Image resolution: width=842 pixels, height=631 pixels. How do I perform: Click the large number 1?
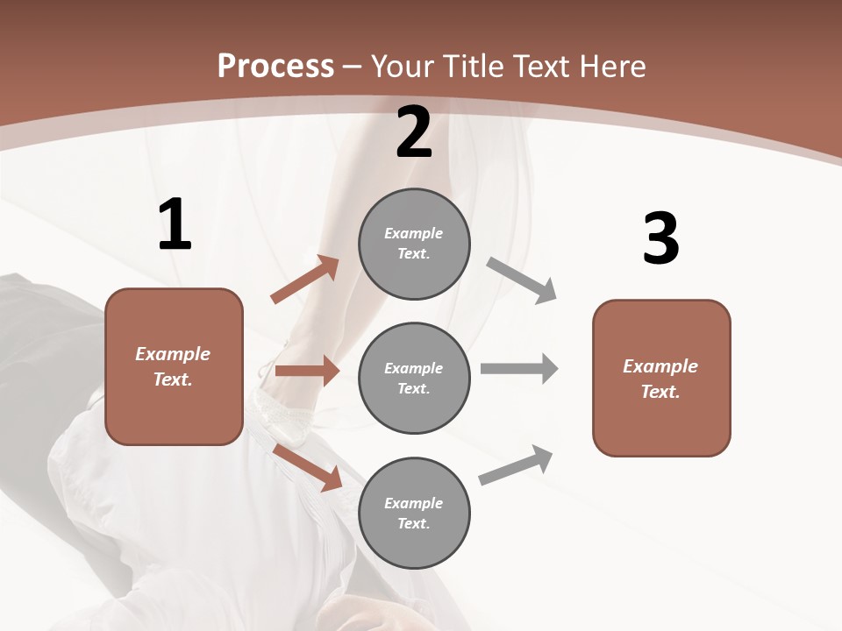(175, 224)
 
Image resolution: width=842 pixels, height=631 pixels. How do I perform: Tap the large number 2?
(414, 132)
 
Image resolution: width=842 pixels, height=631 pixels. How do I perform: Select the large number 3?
(660, 238)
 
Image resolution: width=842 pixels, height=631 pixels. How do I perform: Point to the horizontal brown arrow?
(307, 371)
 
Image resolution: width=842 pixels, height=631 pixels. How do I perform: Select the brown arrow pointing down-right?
(308, 467)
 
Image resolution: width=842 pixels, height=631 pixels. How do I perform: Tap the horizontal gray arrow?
(518, 368)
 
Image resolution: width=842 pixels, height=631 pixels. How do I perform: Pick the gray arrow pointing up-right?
(516, 465)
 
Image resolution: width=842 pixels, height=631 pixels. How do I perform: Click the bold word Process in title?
(275, 66)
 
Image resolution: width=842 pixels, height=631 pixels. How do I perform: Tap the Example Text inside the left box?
(173, 366)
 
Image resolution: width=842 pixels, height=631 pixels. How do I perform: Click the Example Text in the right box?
(660, 379)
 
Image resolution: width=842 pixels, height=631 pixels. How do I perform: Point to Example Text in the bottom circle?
(414, 513)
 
